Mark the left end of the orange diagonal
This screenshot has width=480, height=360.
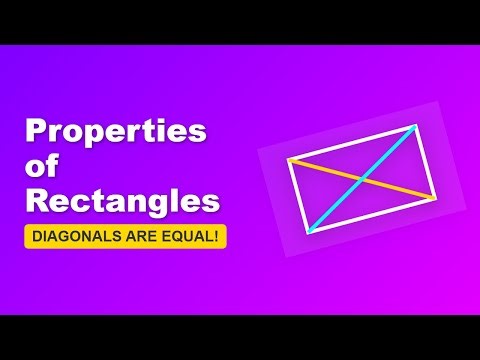point(289,160)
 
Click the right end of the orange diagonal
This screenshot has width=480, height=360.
point(433,197)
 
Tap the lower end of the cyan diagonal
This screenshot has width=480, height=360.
point(309,232)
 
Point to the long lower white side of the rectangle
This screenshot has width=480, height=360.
point(371,215)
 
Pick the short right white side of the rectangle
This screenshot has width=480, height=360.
point(424,160)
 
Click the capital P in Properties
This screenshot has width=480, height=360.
point(36,132)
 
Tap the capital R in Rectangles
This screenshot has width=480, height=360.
point(37,200)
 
